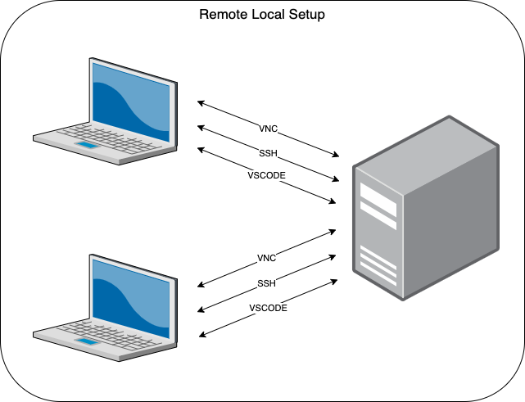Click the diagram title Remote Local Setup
(263, 15)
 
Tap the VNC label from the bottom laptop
(266, 259)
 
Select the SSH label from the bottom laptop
(266, 282)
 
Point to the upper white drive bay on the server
(378, 197)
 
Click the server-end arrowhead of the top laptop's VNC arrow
(336, 155)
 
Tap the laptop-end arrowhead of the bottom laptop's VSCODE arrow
(201, 333)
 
